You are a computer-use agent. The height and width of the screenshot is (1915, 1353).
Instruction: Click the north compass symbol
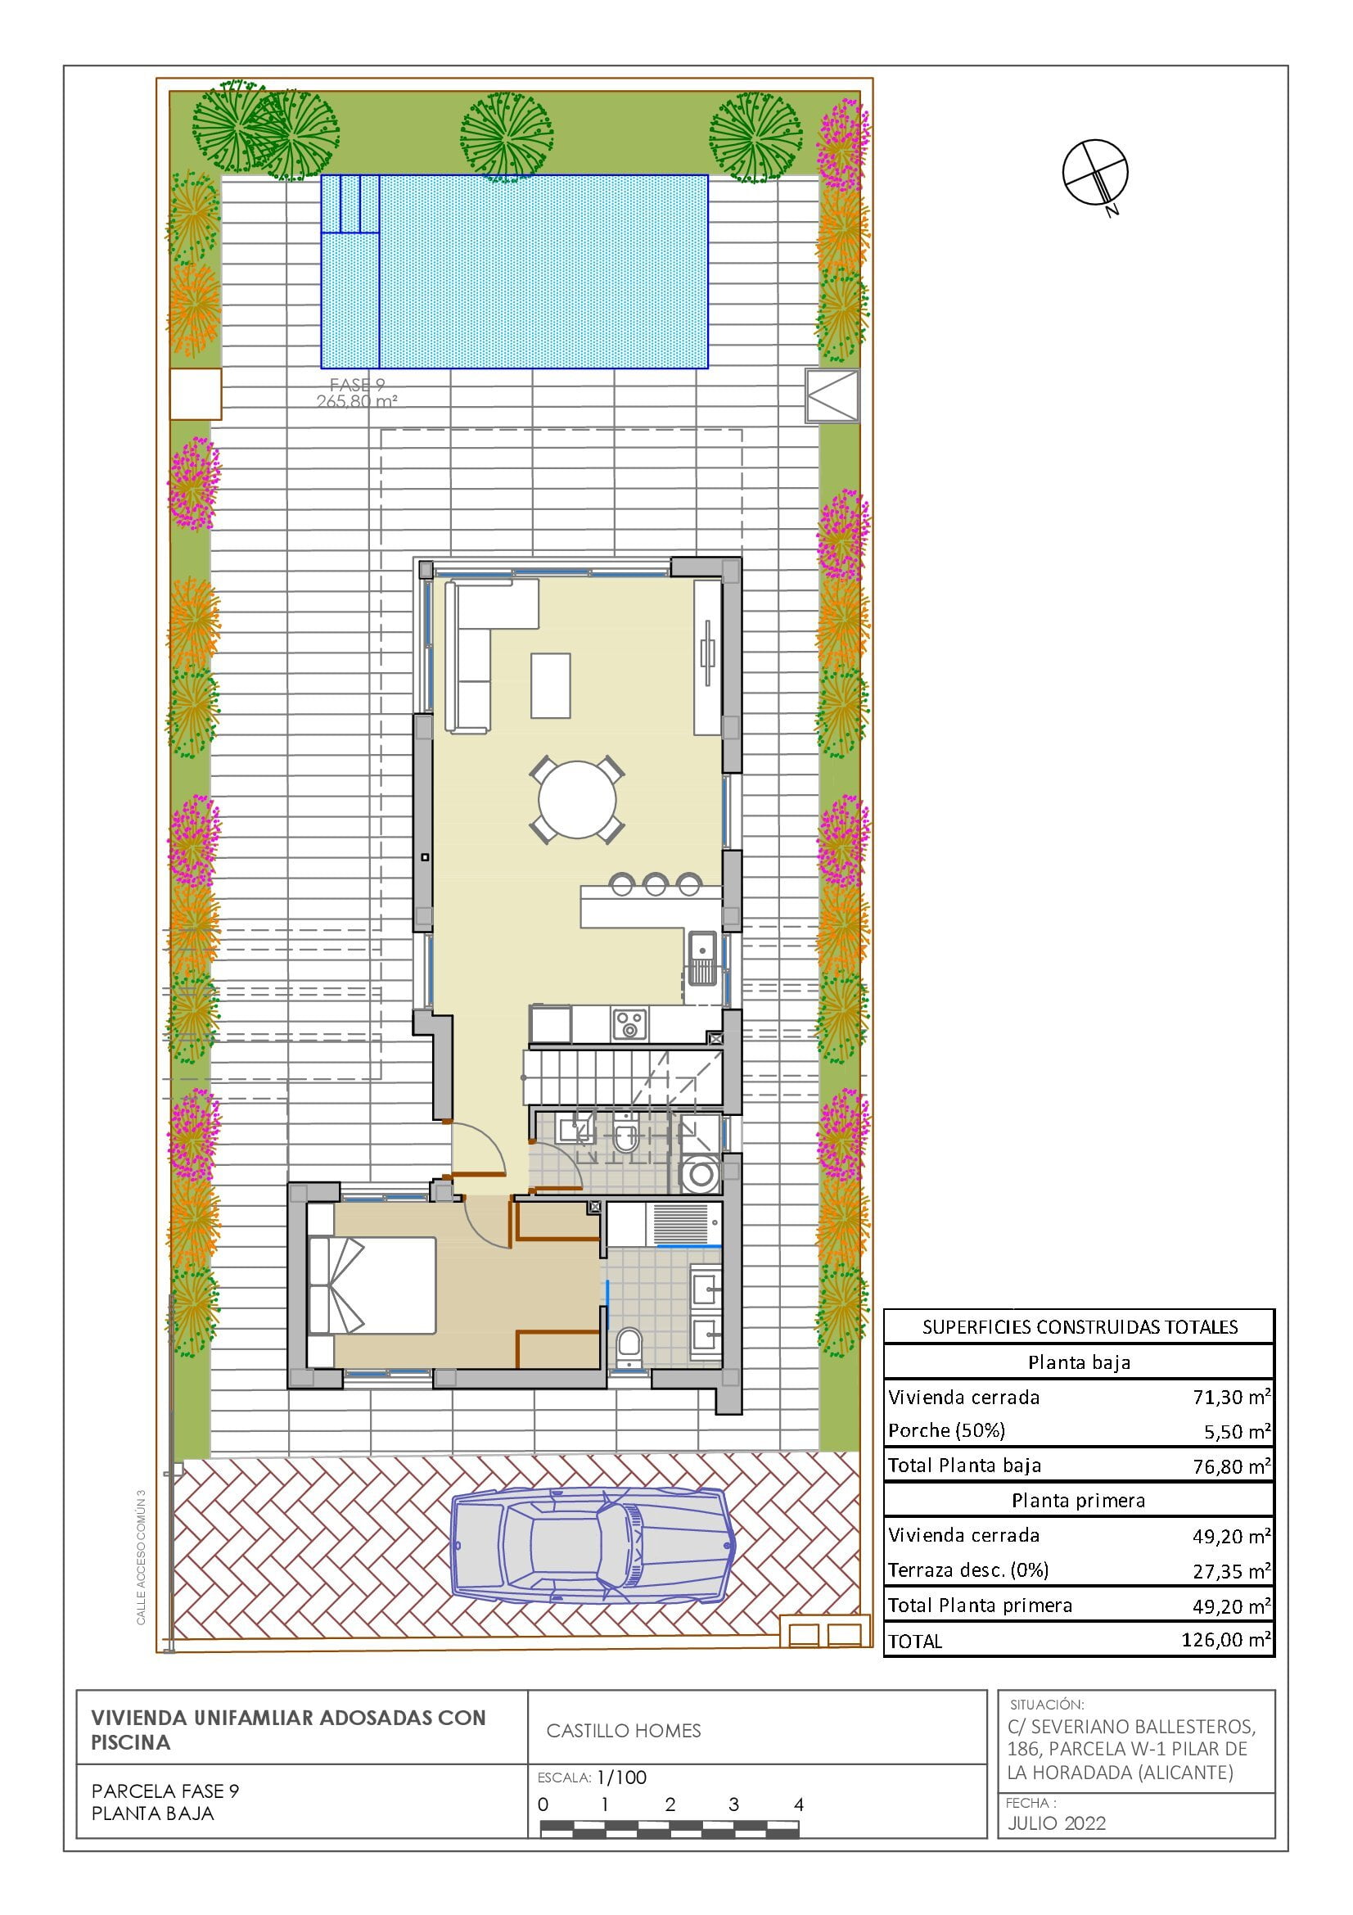(1094, 173)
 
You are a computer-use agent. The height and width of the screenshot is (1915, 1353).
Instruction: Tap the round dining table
(577, 799)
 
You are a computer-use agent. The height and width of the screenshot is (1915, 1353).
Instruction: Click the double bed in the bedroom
(372, 1285)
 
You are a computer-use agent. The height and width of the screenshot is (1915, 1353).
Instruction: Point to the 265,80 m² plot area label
(357, 400)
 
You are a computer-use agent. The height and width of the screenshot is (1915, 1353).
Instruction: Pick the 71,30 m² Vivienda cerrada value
(1231, 1396)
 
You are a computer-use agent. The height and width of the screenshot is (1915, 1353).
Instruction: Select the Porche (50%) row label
(946, 1430)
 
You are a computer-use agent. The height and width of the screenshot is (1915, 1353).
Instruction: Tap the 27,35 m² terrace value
(1231, 1570)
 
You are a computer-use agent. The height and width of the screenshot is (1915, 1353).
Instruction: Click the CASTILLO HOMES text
(624, 1731)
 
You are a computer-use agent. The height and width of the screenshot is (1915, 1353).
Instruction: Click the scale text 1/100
(621, 1777)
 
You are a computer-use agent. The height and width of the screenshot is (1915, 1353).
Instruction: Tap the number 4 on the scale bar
(798, 1805)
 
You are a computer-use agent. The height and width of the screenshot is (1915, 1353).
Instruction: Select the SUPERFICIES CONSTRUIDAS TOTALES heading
(1080, 1327)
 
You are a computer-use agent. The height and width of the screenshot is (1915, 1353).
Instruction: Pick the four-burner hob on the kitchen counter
(629, 1024)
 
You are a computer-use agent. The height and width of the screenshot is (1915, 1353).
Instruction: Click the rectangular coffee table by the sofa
(551, 685)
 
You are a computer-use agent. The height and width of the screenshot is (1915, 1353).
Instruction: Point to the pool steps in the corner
(351, 204)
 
